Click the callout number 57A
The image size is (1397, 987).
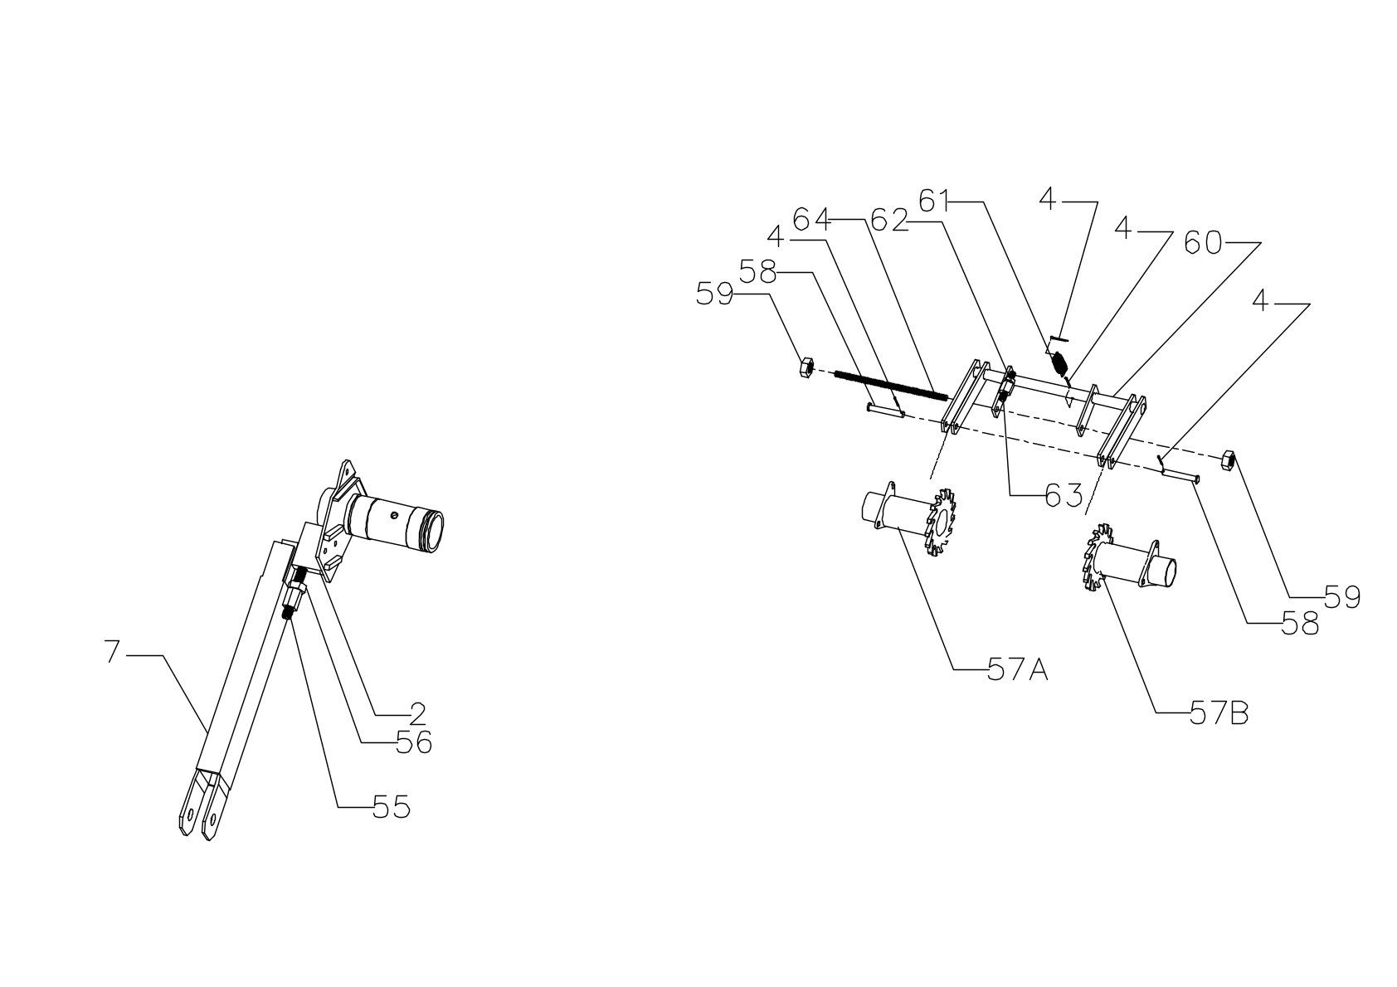[1018, 669]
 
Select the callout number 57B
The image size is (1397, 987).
[1219, 713]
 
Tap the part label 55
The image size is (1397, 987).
[391, 806]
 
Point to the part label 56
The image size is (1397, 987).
[413, 742]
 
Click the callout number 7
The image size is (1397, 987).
[113, 653]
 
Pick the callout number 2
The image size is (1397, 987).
[417, 712]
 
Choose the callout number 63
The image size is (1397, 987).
[1064, 495]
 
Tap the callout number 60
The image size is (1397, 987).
[1203, 243]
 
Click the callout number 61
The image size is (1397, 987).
[937, 201]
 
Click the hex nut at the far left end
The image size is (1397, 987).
[804, 366]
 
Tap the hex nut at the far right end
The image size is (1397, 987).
[1229, 459]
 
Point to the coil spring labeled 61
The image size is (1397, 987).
[1059, 362]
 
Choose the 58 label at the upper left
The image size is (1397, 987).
[758, 272]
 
